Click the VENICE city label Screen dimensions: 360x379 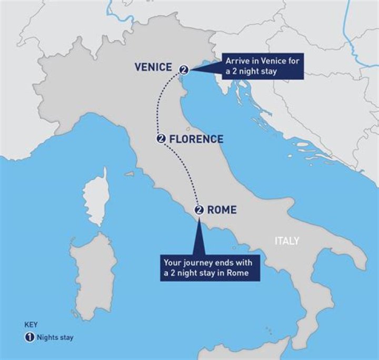[153, 67]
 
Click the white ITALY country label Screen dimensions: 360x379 [286, 241]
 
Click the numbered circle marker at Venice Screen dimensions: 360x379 [184, 69]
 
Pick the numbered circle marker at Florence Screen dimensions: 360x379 [162, 139]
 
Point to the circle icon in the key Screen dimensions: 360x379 [29, 337]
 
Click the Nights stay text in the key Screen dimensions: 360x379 [55, 337]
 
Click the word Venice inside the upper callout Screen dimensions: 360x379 [274, 61]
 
